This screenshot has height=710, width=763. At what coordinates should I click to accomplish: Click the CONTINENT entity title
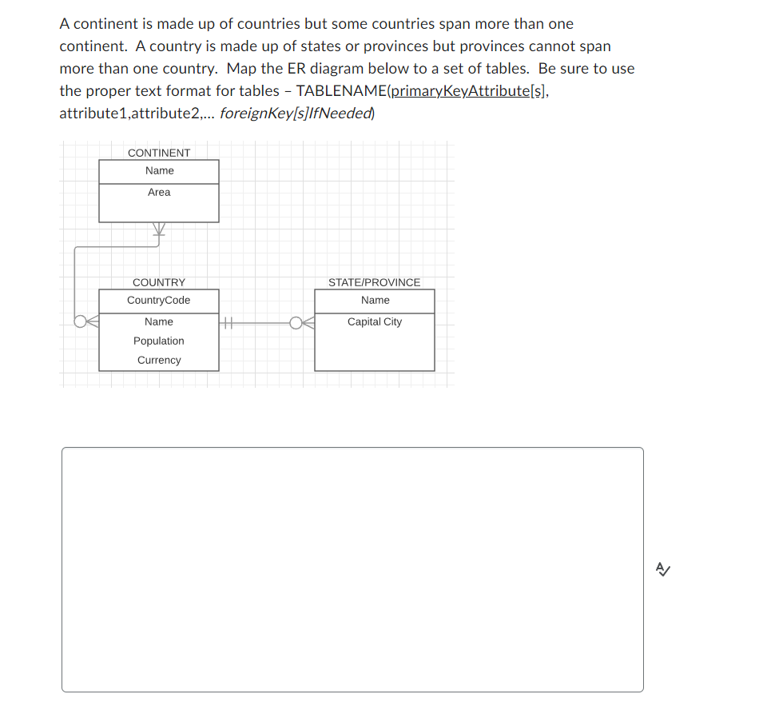[x=159, y=153]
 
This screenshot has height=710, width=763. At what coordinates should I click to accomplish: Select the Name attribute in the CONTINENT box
[x=159, y=171]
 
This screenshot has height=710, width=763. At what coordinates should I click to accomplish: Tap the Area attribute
[x=159, y=193]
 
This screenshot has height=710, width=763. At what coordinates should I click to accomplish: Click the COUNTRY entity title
[x=159, y=282]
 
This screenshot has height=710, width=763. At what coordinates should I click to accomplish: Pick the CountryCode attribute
[x=159, y=301]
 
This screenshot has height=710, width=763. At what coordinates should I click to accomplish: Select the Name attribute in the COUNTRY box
[x=159, y=322]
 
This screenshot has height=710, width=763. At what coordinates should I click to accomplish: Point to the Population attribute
[x=159, y=341]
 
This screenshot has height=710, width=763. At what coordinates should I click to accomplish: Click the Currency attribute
[x=159, y=361]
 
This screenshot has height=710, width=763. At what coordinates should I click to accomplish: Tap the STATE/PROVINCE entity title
[x=374, y=282]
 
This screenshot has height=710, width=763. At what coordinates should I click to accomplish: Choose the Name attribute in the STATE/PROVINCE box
[x=375, y=301]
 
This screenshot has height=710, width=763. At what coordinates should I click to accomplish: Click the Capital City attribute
[x=375, y=322]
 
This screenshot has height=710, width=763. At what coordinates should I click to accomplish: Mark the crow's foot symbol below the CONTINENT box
[x=159, y=230]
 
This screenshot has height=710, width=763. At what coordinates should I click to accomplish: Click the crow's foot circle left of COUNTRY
[x=83, y=322]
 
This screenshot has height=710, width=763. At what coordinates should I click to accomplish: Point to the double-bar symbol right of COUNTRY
[x=227, y=323]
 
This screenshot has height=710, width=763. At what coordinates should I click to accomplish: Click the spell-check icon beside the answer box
[x=662, y=569]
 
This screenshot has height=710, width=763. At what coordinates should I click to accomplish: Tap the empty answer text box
[x=352, y=569]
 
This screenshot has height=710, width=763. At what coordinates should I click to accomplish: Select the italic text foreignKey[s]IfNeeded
[x=295, y=114]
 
